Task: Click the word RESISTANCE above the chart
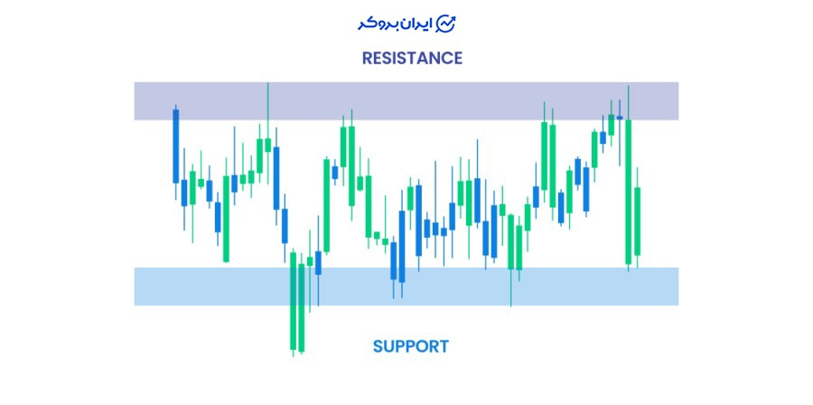(412, 58)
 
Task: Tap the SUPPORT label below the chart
(410, 346)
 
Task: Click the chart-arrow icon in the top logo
(446, 23)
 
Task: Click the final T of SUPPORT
(443, 346)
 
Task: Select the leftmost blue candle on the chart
(176, 146)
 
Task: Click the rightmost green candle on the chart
(638, 221)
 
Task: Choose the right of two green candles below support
(301, 307)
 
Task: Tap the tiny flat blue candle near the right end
(620, 118)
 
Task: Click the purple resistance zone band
(406, 100)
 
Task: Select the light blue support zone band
(406, 286)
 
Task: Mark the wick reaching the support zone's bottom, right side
(511, 294)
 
